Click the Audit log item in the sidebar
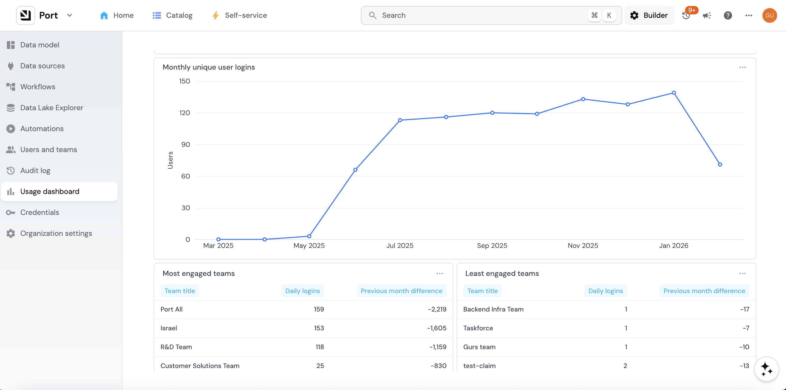click(x=35, y=170)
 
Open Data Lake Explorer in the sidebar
click(x=52, y=108)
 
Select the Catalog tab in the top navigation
click(x=172, y=15)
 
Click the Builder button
click(x=649, y=15)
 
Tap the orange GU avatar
click(x=769, y=15)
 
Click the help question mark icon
click(x=727, y=15)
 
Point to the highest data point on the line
click(x=674, y=93)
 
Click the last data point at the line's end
click(x=720, y=164)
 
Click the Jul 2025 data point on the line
click(x=400, y=120)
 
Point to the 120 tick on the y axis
click(x=185, y=113)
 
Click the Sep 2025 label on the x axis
click(x=492, y=246)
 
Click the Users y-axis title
click(x=170, y=160)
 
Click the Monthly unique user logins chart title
click(x=209, y=67)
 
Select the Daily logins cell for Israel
click(x=319, y=328)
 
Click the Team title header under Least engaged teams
click(x=482, y=291)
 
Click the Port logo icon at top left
click(x=26, y=15)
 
